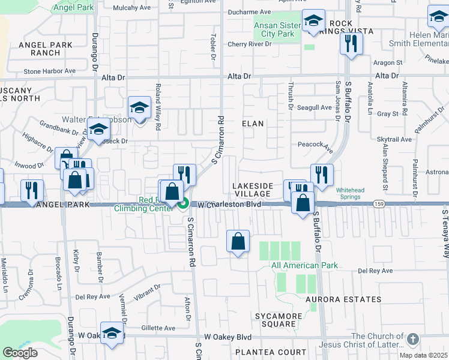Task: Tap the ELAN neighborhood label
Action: click(253, 123)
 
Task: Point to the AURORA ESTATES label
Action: click(343, 299)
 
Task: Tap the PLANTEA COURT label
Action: click(262, 352)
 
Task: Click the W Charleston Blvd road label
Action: click(232, 205)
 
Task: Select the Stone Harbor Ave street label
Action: click(49, 71)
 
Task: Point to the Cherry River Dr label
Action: click(250, 44)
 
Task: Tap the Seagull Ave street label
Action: click(315, 107)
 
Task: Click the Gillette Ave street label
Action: click(158, 328)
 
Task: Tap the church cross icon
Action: click(412, 340)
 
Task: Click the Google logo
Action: click(20, 352)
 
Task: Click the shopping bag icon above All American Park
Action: click(238, 242)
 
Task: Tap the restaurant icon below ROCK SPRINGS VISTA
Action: click(350, 43)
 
